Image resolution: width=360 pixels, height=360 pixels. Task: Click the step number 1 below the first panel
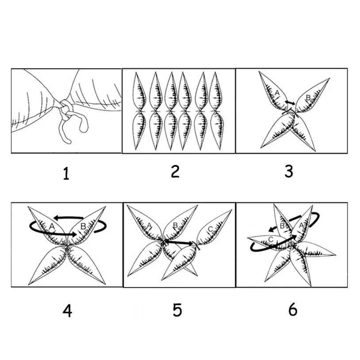click(x=66, y=173)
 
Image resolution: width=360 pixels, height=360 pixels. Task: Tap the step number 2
click(x=175, y=172)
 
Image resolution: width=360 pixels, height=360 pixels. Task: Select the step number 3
click(x=289, y=172)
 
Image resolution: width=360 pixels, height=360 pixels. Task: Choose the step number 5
click(x=177, y=310)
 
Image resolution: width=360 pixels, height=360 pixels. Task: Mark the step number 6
click(x=293, y=310)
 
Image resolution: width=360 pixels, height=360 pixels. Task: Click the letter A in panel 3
click(x=277, y=93)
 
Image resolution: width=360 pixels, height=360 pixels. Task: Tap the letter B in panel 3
click(x=308, y=98)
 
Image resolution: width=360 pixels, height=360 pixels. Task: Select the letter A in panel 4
click(x=52, y=226)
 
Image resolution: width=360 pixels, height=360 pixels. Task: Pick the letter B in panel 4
click(x=83, y=226)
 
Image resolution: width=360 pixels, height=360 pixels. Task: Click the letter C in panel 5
click(x=211, y=229)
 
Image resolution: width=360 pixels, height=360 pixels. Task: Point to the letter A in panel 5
click(x=149, y=226)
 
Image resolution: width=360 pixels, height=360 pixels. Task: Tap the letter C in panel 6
click(x=271, y=240)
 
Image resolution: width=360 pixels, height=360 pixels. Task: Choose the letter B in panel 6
click(x=282, y=226)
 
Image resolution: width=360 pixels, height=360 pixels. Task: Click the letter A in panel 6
click(x=302, y=226)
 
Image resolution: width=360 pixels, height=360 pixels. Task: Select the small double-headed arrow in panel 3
click(x=290, y=103)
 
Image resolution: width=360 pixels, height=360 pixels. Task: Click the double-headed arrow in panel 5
click(x=179, y=242)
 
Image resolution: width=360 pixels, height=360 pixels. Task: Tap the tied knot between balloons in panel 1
click(x=65, y=110)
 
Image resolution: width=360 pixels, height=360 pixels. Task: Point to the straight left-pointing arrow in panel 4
click(x=69, y=217)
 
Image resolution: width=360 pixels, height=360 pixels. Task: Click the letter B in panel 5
click(x=175, y=226)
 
